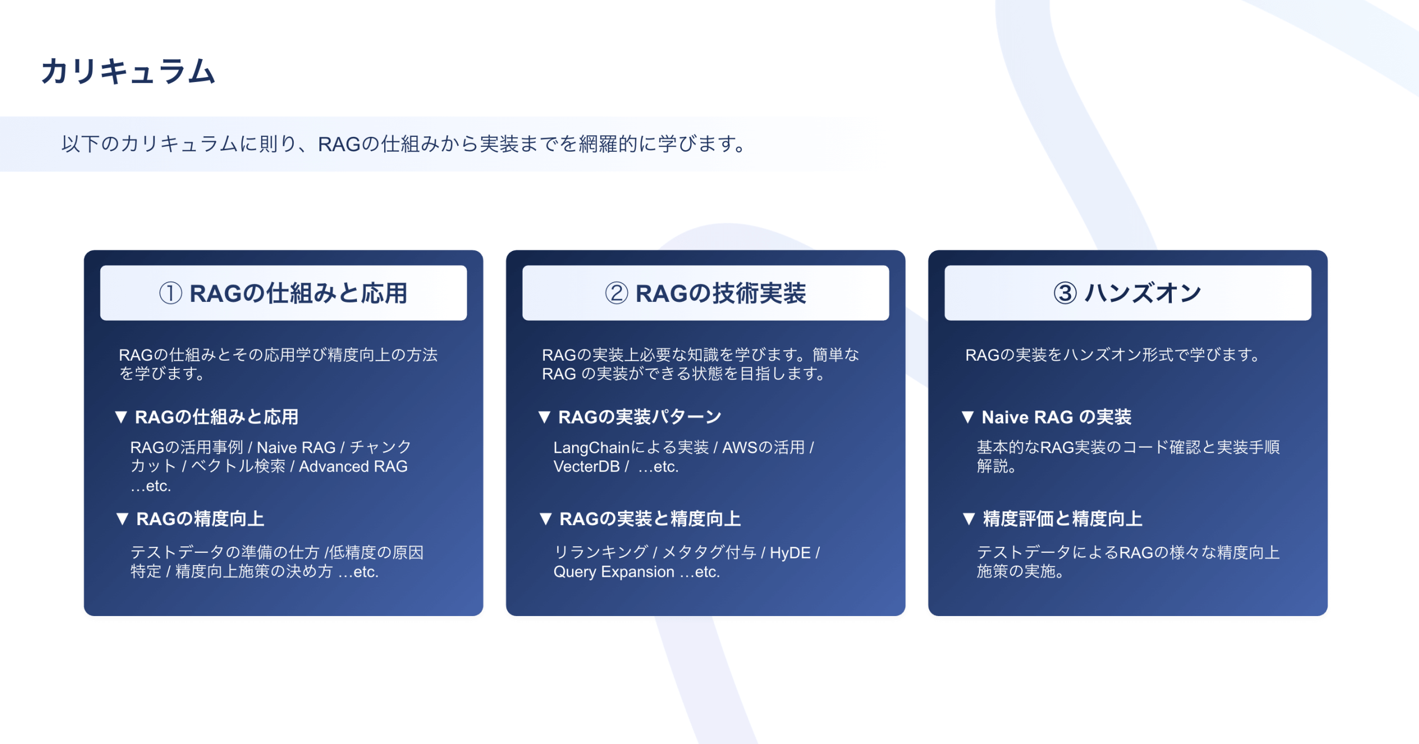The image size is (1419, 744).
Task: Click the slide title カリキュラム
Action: (128, 71)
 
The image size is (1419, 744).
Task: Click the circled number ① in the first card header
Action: (171, 293)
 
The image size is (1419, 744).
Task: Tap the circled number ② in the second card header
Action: (616, 293)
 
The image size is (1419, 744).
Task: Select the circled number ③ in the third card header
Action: (1065, 293)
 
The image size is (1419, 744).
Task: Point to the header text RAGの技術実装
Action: (721, 293)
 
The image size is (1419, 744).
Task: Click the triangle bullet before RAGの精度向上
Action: (122, 519)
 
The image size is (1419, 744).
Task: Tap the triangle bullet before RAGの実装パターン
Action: (544, 417)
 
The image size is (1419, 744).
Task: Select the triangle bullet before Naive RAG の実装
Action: (968, 417)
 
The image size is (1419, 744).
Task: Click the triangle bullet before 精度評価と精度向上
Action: (969, 519)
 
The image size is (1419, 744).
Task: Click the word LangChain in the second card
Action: (591, 448)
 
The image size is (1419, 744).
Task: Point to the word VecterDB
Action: (586, 466)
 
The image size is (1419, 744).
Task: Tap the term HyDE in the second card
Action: (790, 553)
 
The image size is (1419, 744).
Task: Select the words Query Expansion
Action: (614, 572)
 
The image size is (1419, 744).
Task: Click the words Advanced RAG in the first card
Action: (353, 466)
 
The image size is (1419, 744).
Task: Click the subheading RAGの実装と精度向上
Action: (650, 519)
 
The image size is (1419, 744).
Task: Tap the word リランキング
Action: (601, 552)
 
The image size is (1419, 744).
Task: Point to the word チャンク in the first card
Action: (381, 447)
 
